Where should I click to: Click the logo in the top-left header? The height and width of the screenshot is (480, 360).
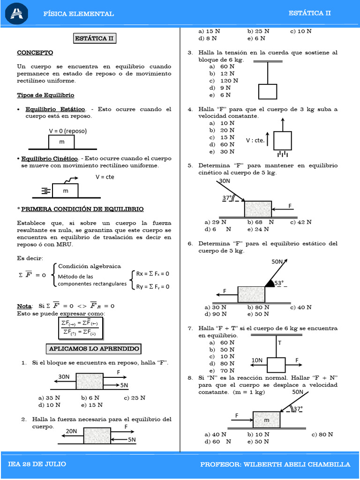click(x=17, y=13)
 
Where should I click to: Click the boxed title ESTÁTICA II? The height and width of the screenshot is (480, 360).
click(x=95, y=38)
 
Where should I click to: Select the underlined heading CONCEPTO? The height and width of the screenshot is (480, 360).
click(x=35, y=52)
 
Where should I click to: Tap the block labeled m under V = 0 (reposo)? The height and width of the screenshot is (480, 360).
click(x=62, y=142)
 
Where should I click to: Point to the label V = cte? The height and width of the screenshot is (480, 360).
click(x=105, y=177)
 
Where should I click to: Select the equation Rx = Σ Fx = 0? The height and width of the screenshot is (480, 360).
click(x=152, y=273)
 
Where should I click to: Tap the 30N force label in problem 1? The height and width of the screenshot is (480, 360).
click(x=64, y=376)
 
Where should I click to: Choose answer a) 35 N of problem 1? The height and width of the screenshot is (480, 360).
click(x=50, y=398)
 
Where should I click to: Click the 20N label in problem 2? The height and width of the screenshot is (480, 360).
click(x=71, y=431)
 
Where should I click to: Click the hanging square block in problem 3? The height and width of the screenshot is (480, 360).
click(x=267, y=91)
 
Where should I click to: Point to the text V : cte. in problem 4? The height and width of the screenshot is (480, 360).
click(x=255, y=140)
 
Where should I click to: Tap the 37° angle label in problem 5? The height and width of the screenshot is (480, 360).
click(x=227, y=198)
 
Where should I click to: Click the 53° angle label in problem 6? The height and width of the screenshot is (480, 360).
click(x=279, y=283)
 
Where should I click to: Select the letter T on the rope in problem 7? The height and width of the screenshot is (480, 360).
click(x=280, y=343)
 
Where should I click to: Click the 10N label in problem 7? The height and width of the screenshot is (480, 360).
click(x=257, y=360)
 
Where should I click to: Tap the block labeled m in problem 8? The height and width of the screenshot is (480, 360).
click(x=266, y=420)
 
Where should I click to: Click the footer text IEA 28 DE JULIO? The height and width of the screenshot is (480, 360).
click(x=37, y=464)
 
